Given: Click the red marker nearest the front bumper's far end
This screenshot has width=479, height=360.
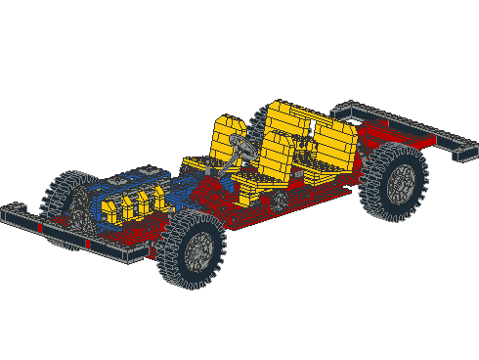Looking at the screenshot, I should (x=39, y=227).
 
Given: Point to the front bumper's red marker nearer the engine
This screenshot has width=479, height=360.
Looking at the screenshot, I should (x=87, y=242).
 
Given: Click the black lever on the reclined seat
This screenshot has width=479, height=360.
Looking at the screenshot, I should (x=308, y=133).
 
